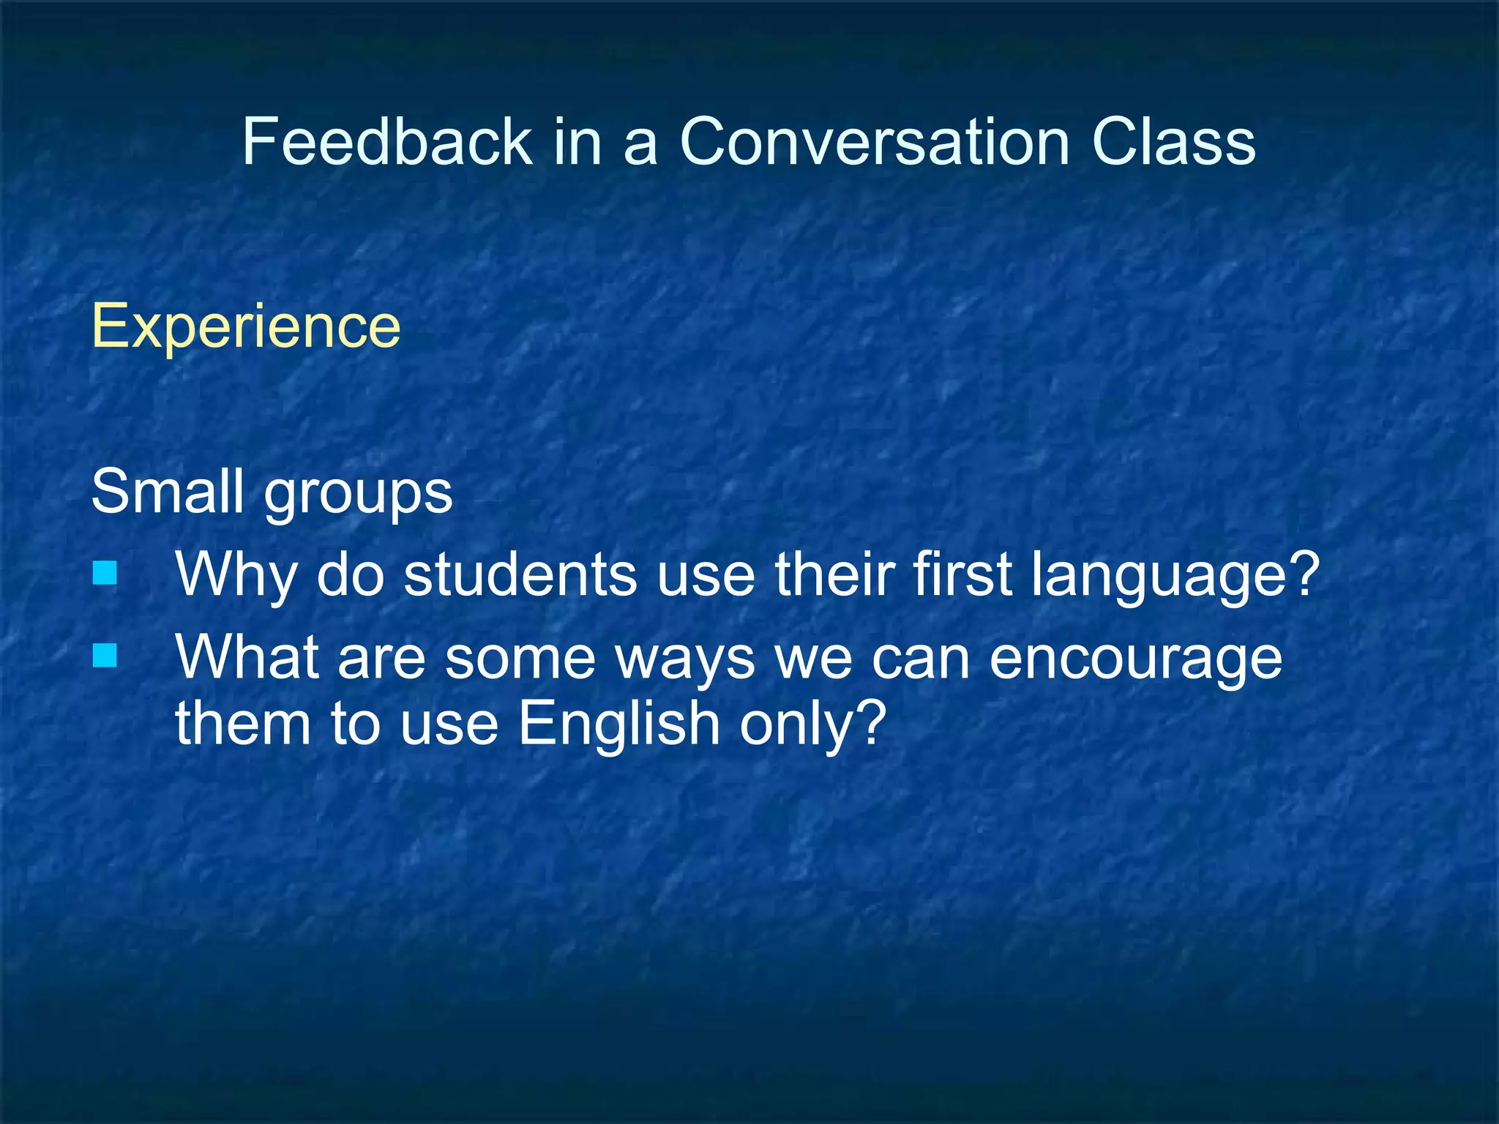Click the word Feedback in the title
[386, 141]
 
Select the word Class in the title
[1173, 141]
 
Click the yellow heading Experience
[246, 326]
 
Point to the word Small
[167, 491]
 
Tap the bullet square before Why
[105, 573]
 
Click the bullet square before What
[105, 656]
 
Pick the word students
[520, 574]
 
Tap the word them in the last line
[242, 723]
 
